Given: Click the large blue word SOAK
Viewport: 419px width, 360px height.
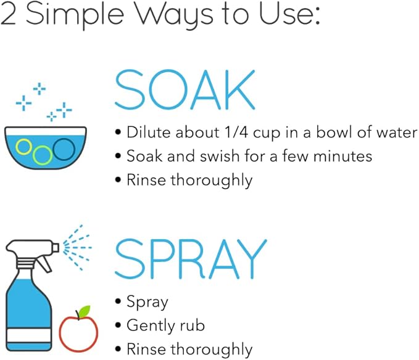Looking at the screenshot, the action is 185,89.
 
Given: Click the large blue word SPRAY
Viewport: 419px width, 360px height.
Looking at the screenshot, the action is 191,259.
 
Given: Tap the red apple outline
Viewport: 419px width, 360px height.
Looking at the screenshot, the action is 78,333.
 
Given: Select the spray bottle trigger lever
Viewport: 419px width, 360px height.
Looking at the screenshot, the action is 44,264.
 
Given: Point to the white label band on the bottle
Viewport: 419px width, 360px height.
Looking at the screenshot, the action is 29,335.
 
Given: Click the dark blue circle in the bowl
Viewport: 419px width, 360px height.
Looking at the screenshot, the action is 64,149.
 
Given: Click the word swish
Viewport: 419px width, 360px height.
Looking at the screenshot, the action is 220,156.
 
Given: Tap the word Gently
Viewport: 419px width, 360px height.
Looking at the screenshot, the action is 151,326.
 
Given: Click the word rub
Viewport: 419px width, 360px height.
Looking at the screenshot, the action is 193,325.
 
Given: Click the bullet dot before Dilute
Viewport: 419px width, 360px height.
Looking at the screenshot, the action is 118,132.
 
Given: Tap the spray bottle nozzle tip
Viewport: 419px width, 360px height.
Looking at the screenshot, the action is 56,247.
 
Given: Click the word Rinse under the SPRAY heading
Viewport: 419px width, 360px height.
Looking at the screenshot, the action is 146,349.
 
